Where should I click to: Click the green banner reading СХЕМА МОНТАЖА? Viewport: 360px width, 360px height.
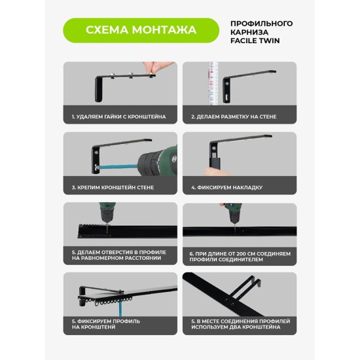tap(141, 30)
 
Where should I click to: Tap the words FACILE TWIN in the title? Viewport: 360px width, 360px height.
tap(255, 41)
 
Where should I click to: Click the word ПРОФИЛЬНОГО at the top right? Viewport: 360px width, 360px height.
tap(262, 24)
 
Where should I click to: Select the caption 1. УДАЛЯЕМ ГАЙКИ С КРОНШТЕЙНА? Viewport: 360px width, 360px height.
tap(118, 117)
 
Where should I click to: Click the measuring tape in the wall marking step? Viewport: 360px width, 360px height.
tap(212, 83)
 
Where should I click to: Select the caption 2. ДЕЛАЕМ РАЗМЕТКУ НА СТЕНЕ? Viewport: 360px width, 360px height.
tap(234, 117)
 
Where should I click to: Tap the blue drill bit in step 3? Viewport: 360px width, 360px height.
tap(118, 166)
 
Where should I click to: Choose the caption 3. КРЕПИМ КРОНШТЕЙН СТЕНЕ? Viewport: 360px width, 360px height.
tap(113, 187)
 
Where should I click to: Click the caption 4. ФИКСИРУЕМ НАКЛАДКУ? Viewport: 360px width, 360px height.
tap(227, 187)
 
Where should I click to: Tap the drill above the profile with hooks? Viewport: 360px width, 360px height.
tap(107, 213)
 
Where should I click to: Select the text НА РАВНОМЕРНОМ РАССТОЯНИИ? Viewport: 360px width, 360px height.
tap(117, 258)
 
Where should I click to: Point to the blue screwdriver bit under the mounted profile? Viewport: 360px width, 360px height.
tap(121, 308)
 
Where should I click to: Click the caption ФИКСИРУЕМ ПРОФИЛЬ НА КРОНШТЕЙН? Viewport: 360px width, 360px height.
tap(106, 324)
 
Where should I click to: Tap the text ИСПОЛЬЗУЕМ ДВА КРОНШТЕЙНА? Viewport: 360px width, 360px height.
tap(236, 327)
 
